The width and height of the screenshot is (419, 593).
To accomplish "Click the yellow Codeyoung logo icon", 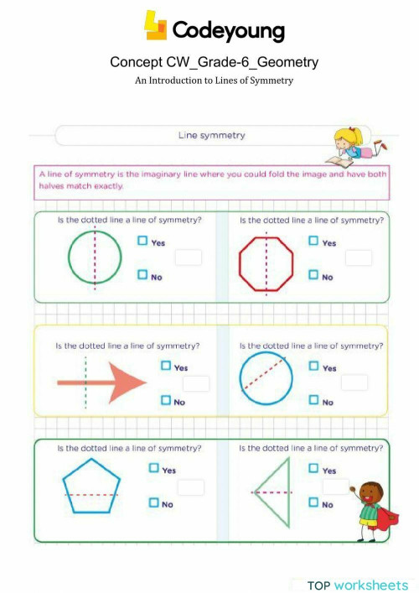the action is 156,25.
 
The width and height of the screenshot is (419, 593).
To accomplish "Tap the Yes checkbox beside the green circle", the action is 144,242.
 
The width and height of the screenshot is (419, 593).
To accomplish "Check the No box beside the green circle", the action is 144,274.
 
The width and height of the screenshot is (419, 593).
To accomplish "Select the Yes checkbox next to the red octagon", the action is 313,242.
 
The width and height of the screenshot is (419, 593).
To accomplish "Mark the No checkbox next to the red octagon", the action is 313,274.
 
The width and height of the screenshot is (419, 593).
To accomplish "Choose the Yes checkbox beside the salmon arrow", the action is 166,366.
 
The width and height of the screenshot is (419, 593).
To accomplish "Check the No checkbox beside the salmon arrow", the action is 166,400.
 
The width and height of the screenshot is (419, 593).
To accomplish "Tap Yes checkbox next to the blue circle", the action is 313,366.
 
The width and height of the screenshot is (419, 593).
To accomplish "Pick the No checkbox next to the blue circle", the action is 313,400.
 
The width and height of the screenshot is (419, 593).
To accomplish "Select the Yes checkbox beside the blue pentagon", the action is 153,468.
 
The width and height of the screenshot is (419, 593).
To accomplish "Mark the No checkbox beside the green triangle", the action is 313,502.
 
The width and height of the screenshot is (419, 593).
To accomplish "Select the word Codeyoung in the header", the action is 228,31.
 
